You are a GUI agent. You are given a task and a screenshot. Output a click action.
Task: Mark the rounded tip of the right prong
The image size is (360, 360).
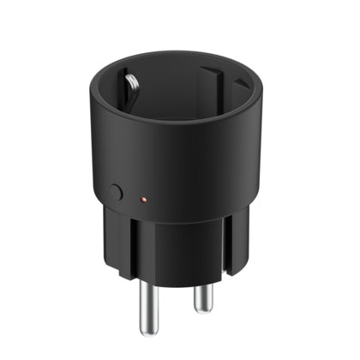(x=204, y=308)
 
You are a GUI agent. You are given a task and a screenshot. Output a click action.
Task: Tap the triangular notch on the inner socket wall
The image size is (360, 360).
(x=242, y=84)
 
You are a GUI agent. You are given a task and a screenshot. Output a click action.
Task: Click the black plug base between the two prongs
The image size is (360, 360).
(x=176, y=257)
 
